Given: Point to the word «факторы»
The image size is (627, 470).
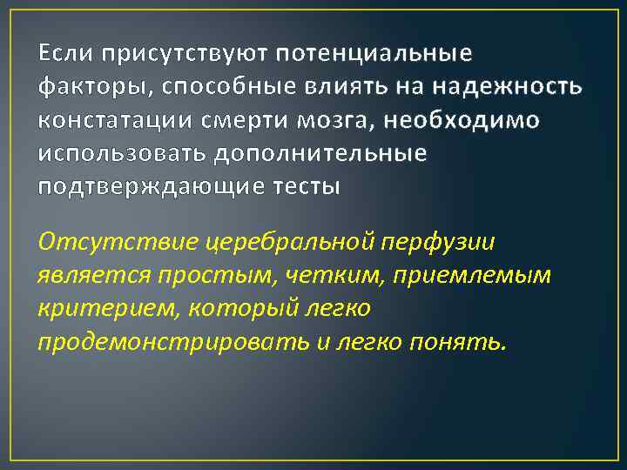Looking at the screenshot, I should click(84, 88).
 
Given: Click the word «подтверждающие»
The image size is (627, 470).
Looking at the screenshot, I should click(151, 186).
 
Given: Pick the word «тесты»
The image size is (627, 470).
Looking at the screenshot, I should click(305, 186).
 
